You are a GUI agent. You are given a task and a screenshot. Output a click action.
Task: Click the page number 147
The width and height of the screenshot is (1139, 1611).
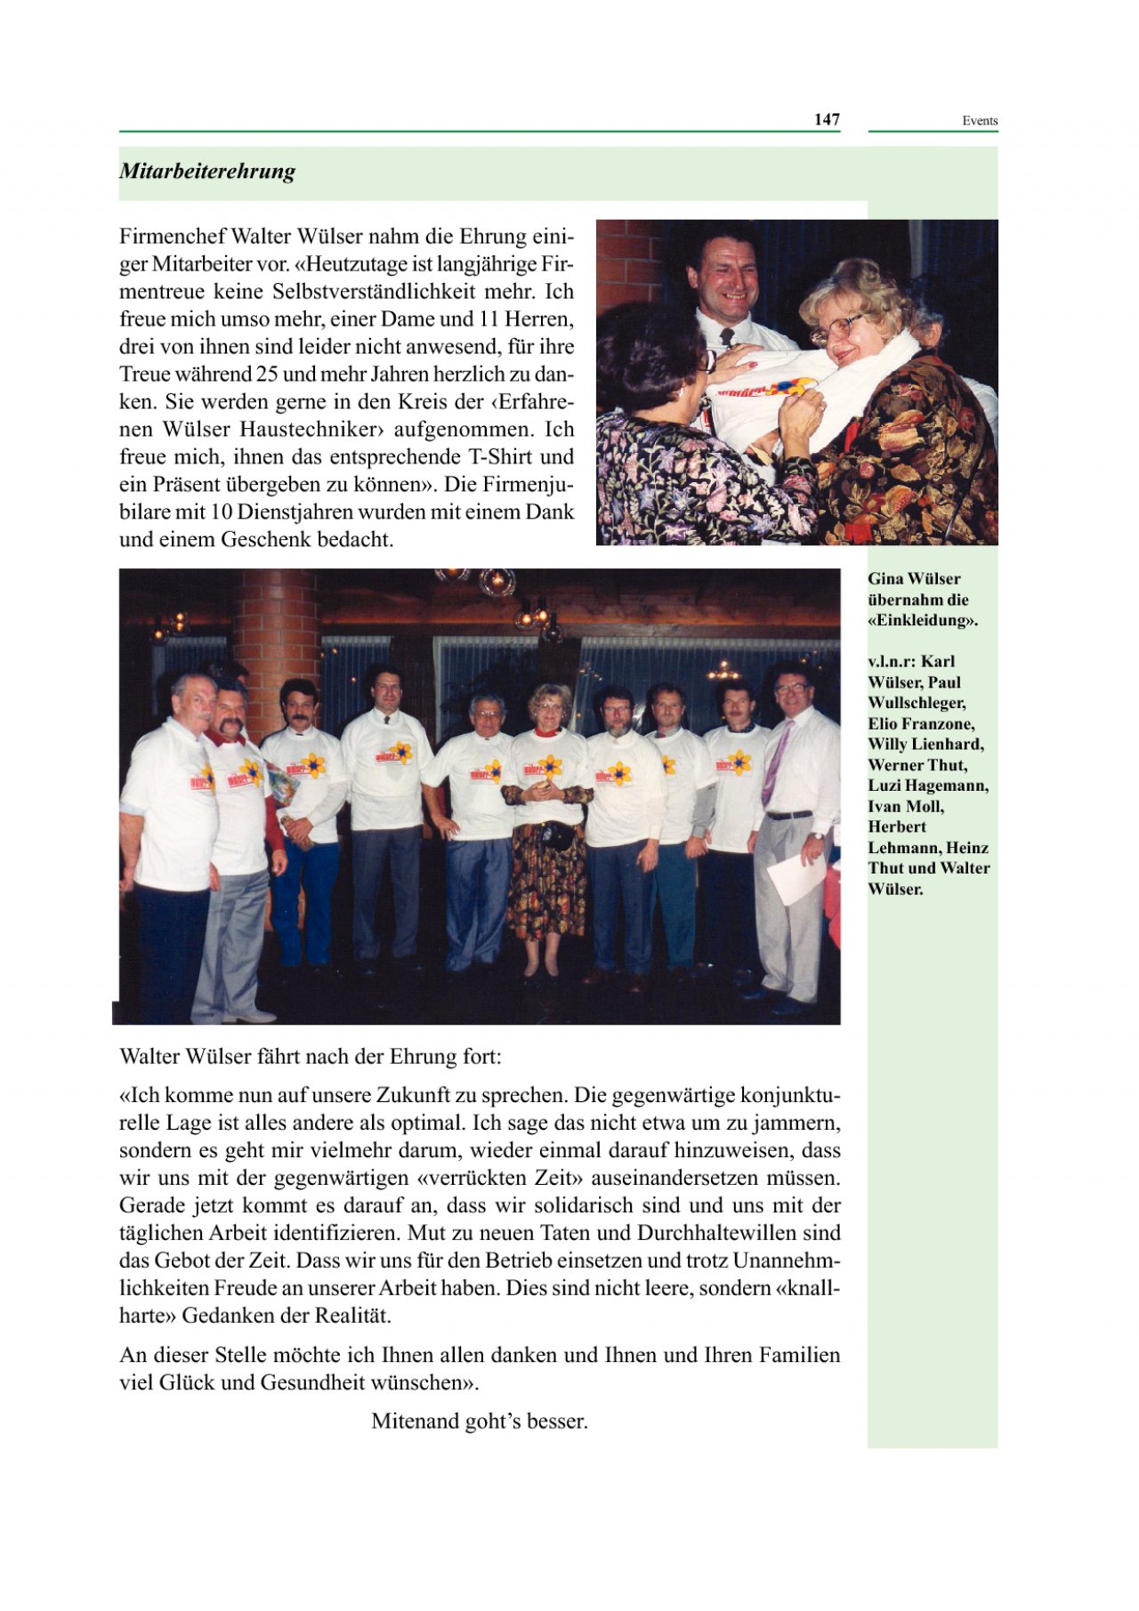click(827, 119)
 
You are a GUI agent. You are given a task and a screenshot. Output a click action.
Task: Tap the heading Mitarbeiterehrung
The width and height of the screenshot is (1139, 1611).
click(207, 171)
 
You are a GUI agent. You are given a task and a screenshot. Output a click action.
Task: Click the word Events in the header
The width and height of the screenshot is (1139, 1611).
click(979, 121)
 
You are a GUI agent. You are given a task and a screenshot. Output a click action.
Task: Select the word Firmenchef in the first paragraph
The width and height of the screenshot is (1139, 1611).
click(172, 237)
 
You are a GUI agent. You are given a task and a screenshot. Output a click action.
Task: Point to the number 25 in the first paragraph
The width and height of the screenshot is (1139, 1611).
click(268, 375)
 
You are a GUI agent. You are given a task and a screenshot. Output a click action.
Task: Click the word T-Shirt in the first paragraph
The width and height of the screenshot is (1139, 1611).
click(499, 457)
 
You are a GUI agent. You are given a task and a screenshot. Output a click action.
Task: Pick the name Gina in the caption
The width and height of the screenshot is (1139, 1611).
click(885, 579)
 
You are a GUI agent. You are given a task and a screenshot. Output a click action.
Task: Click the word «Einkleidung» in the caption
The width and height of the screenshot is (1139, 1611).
click(922, 620)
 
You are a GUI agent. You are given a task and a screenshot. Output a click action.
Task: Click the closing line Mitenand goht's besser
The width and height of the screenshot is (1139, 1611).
click(480, 1421)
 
